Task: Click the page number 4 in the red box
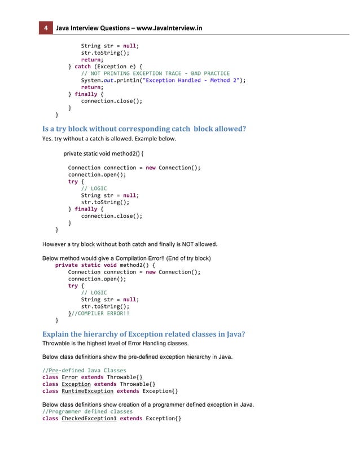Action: tap(45, 28)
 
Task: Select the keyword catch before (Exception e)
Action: tap(83, 66)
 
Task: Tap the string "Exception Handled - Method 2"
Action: tap(190, 80)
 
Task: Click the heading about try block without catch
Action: tap(144, 129)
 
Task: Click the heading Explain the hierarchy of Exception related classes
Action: tap(144, 333)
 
